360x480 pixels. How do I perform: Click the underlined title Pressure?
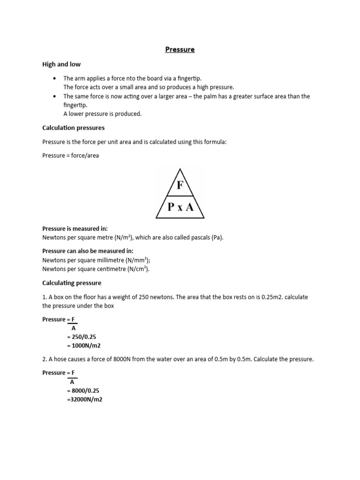180,49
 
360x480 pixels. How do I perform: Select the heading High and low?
61,64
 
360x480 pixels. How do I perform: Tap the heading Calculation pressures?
74,127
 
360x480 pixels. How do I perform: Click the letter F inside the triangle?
180,185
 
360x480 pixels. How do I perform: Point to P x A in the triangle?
180,207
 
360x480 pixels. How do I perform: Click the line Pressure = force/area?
71,155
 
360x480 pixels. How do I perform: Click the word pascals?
195,238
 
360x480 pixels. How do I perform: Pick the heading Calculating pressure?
72,283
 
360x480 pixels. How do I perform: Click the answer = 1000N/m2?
84,346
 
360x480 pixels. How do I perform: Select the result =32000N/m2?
84,399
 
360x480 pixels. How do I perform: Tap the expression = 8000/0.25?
84,390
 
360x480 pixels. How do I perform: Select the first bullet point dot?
55,78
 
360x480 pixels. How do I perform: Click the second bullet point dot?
55,96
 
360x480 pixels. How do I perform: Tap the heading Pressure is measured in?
75,229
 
